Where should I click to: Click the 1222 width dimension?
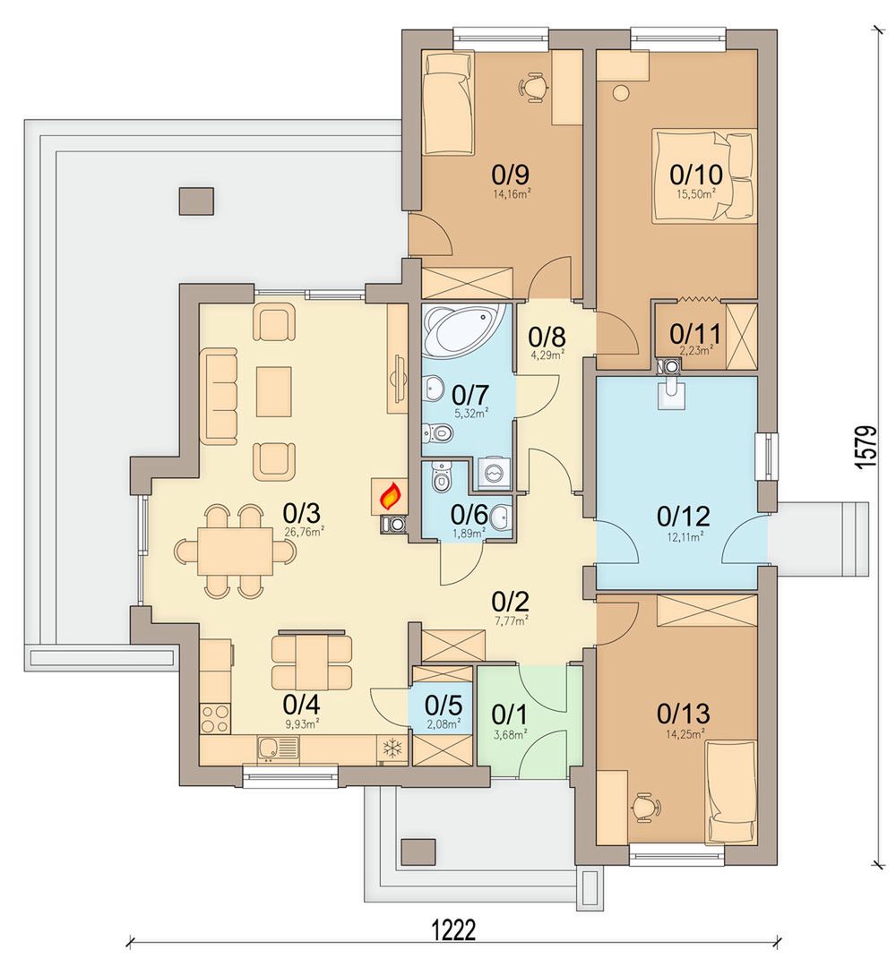453,932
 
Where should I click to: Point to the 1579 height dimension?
866,448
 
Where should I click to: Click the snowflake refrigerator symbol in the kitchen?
392,748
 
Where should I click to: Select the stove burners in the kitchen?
215,718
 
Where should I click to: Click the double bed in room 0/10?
702,175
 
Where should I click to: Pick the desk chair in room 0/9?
533,85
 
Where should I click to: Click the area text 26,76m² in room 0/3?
304,532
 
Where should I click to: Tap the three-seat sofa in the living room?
219,396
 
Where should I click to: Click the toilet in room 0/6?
440,476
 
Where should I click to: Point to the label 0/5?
444,706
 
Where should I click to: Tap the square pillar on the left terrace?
196,201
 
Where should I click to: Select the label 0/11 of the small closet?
694,334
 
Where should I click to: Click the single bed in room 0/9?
448,103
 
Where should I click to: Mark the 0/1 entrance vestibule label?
509,714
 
